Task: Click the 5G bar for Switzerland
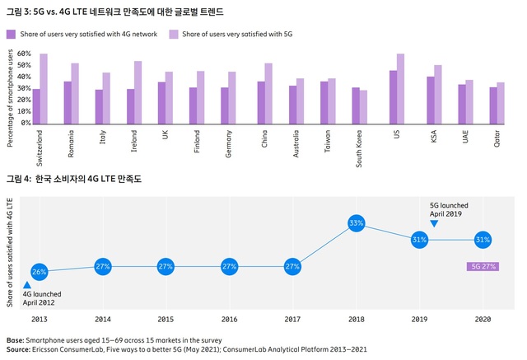click(x=44, y=89)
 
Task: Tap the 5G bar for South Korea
click(x=364, y=107)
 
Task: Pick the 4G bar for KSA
click(x=431, y=101)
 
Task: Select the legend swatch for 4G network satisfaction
click(x=11, y=35)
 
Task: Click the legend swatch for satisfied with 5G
click(x=175, y=35)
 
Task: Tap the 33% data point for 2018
click(x=357, y=223)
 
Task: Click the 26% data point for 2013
click(x=39, y=272)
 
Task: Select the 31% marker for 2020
click(x=483, y=240)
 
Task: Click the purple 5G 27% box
click(x=483, y=266)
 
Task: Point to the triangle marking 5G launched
click(x=434, y=224)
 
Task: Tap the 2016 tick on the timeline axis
click(x=229, y=319)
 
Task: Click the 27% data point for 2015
click(x=166, y=266)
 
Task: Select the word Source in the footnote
click(x=21, y=350)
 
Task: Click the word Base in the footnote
click(x=15, y=340)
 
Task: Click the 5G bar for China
click(x=268, y=93)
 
